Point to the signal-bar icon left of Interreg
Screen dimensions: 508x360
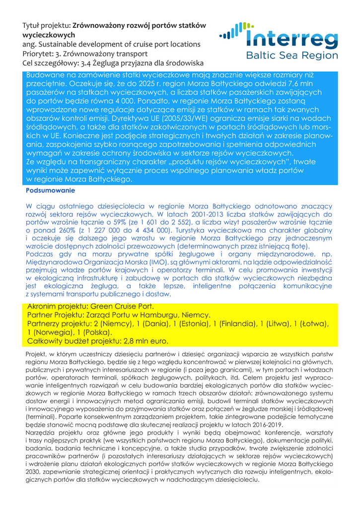click(x=232, y=32)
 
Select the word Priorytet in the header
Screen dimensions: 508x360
click(x=39, y=54)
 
